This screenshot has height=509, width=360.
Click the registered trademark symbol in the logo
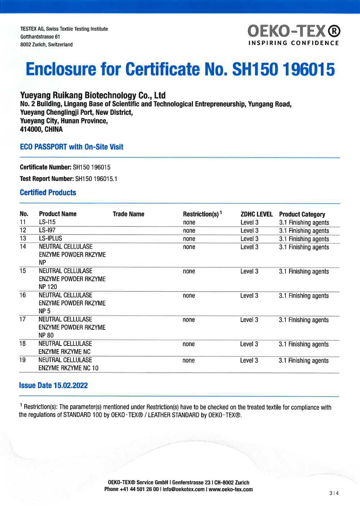(x=334, y=31)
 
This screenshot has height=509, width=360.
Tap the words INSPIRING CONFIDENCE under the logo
(x=293, y=43)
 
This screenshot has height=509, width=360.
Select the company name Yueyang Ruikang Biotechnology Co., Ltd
(x=93, y=95)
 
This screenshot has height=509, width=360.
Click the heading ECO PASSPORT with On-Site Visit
(x=72, y=147)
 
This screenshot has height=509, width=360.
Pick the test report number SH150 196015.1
(x=96, y=179)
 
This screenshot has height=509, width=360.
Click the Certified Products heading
(x=48, y=193)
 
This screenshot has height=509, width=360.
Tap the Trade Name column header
(x=128, y=214)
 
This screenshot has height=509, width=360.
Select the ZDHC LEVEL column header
(x=256, y=214)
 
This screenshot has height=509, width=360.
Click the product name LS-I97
(x=47, y=230)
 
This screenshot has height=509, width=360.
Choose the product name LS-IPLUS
(x=50, y=238)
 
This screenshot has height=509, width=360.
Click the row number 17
(x=23, y=319)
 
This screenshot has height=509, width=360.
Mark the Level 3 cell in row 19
(x=249, y=360)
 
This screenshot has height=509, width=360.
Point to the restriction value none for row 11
(x=189, y=222)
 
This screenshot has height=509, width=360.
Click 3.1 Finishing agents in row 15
(x=303, y=271)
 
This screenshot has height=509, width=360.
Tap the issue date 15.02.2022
(x=71, y=386)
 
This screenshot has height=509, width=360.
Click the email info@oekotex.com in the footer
(x=184, y=490)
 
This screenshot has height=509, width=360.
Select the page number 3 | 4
(x=334, y=493)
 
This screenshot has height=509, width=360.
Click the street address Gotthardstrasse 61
(x=40, y=37)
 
